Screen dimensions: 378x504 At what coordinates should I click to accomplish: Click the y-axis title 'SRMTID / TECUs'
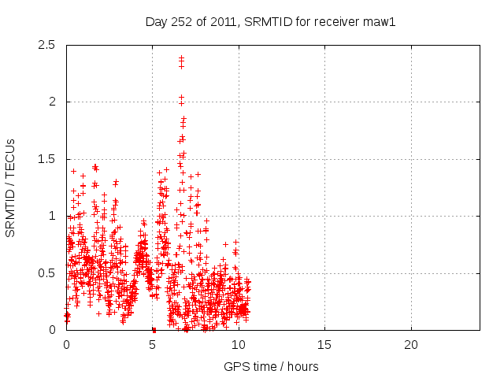click(11, 187)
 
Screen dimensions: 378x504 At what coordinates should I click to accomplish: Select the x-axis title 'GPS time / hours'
click(271, 366)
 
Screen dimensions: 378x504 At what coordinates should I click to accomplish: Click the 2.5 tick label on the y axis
click(46, 45)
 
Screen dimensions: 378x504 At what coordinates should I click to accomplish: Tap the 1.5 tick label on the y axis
click(46, 159)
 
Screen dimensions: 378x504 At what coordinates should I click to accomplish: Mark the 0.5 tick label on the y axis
click(46, 273)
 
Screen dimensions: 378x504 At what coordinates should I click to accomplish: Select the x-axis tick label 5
click(153, 344)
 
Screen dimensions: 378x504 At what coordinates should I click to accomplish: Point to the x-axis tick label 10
click(239, 344)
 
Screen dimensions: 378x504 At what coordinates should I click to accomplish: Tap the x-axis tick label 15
click(324, 344)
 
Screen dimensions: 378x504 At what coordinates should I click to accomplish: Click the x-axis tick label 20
click(410, 344)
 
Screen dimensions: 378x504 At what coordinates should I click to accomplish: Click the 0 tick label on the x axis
click(66, 344)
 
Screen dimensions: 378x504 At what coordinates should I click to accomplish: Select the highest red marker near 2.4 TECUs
click(181, 57)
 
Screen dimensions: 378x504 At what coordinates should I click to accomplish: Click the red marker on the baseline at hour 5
click(154, 329)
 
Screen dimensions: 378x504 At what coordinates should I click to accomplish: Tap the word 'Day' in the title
click(156, 21)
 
